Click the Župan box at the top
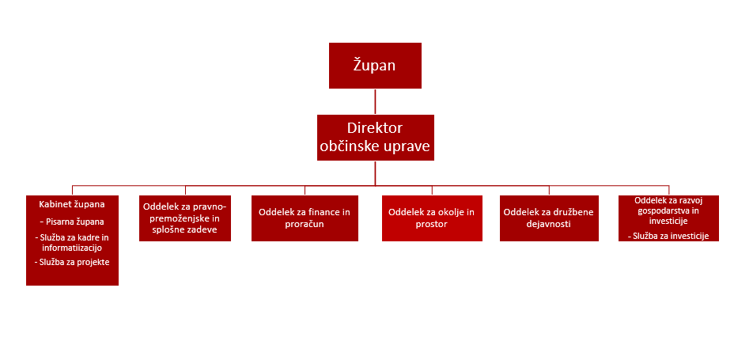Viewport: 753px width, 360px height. [x=375, y=65]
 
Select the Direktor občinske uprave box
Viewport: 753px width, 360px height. [x=375, y=138]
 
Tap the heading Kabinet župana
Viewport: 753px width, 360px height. [x=72, y=204]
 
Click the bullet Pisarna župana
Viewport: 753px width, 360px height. [x=74, y=222]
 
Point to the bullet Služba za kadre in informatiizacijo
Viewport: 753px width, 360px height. [x=72, y=242]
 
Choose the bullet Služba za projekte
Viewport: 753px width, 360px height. [x=72, y=262]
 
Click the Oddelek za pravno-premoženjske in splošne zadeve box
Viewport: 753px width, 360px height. [x=185, y=218]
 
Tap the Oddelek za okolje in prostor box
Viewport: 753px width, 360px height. [x=431, y=218]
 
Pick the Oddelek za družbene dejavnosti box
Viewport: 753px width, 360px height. [x=547, y=218]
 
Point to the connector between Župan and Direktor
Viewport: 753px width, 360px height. [x=375, y=101]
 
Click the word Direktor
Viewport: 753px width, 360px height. [x=375, y=128]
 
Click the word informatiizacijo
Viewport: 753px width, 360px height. [x=72, y=248]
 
